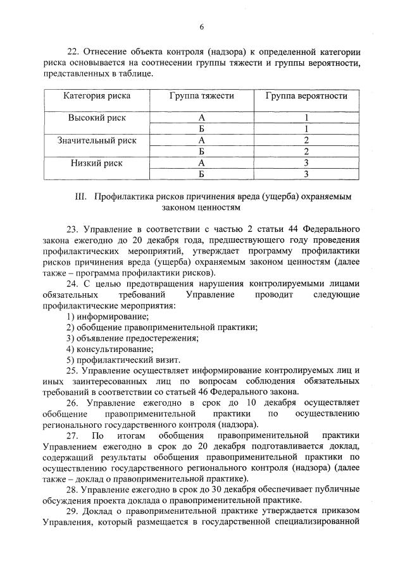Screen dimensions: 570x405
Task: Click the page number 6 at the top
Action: point(202,27)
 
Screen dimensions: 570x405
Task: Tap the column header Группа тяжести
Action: point(202,96)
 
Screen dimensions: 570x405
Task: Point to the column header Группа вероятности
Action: point(306,96)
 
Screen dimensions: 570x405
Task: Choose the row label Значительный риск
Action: point(97,140)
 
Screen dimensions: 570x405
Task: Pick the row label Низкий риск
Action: point(97,162)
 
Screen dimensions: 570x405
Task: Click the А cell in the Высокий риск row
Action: point(202,118)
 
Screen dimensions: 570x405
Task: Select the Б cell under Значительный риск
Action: point(202,152)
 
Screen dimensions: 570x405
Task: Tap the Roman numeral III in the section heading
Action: point(80,197)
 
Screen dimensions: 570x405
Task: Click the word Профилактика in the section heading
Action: point(124,197)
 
